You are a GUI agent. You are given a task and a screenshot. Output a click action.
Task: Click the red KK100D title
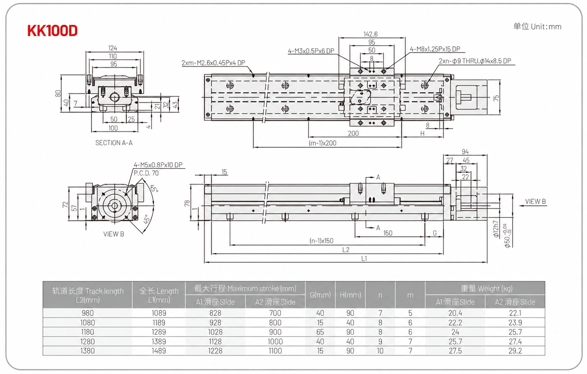52,30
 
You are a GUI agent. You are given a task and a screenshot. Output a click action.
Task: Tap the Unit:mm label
546,27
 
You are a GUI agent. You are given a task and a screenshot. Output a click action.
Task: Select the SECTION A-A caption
114,143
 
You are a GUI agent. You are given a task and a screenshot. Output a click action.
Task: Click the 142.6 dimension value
370,34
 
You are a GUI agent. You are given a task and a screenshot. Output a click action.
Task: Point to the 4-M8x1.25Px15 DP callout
435,49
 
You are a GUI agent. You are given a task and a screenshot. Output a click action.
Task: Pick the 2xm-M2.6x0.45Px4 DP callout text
213,63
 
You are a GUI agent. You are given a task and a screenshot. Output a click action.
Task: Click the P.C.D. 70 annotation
146,173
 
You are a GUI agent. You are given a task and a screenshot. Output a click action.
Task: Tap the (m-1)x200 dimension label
323,143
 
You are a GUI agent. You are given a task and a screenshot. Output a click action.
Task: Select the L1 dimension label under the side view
364,259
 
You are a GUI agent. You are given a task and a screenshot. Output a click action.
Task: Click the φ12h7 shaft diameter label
496,229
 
